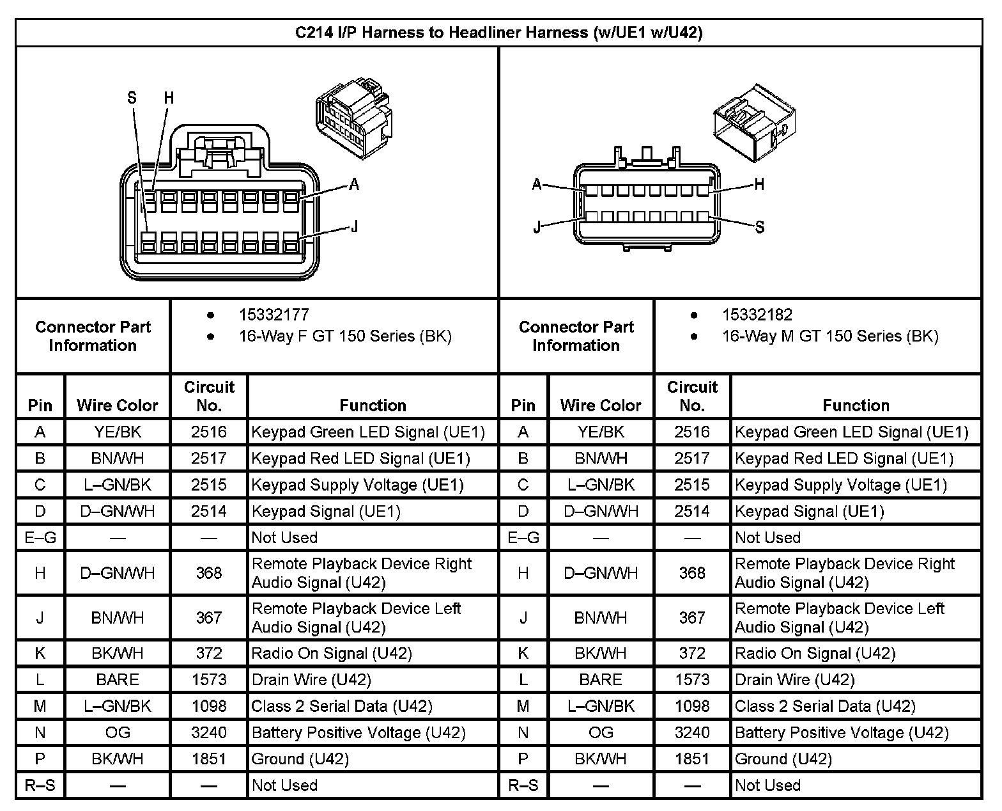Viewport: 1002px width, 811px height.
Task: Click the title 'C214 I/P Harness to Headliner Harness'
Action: click(498, 33)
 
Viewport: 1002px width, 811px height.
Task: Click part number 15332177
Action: click(274, 315)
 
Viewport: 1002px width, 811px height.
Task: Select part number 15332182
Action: click(757, 315)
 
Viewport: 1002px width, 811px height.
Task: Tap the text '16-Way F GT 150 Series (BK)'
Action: click(345, 336)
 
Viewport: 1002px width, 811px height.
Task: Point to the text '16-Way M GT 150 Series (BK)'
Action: click(830, 336)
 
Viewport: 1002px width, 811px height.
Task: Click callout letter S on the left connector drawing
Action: click(132, 98)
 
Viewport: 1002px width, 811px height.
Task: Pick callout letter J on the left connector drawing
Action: click(353, 226)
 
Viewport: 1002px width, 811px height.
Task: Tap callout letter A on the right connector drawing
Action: click(537, 185)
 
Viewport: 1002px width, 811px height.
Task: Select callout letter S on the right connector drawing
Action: click(760, 227)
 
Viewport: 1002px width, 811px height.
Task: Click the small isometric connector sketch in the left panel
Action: click(353, 114)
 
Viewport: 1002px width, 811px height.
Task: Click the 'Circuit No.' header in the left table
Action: click(209, 396)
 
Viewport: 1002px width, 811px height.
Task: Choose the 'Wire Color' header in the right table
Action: click(600, 405)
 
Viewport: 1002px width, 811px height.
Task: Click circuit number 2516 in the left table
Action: click(209, 432)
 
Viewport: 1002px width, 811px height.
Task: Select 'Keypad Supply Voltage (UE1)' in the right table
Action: click(841, 485)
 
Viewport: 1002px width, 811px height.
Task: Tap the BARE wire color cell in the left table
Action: click(118, 679)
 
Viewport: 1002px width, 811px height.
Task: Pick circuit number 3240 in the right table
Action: click(692, 732)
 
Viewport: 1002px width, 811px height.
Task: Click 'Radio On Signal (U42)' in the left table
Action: click(332, 653)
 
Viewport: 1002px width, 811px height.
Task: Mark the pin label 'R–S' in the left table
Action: click(40, 785)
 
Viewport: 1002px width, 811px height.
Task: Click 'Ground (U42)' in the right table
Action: click(783, 759)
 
